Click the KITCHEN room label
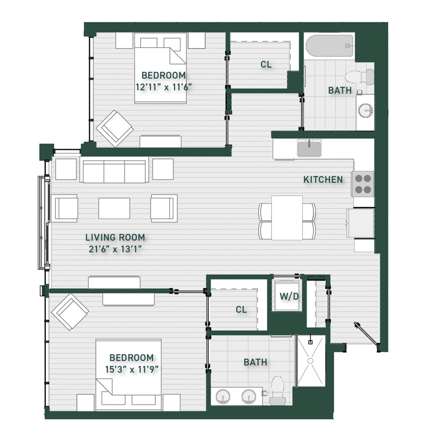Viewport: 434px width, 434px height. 323,180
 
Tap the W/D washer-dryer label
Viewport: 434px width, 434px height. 289,297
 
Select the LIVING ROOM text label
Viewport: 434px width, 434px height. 115,237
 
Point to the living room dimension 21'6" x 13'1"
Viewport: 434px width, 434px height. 115,249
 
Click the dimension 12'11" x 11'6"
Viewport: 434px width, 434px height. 163,87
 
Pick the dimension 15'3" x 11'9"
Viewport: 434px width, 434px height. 132,369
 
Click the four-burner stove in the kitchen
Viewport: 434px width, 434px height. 363,184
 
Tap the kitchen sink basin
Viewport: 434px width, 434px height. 309,148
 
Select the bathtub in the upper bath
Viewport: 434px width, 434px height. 330,46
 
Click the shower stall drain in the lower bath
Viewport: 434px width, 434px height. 310,361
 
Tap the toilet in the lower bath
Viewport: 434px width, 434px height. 277,390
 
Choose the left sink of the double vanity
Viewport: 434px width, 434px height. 223,397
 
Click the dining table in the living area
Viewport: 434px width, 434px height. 287,218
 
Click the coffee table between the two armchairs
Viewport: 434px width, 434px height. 114,208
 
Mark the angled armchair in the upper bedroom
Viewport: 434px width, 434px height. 115,129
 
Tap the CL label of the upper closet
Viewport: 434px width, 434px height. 266,65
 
